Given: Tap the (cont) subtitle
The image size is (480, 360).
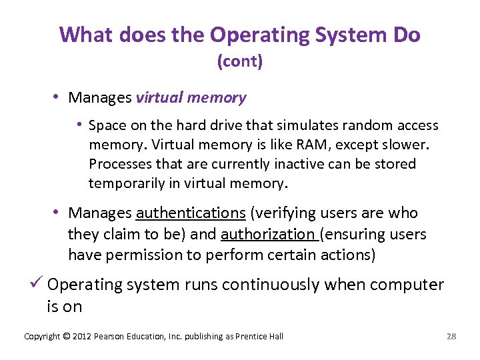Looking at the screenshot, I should coord(240,62).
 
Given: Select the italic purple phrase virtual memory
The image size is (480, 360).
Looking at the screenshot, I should coord(191,98).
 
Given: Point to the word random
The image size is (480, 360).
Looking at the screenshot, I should coord(340,125).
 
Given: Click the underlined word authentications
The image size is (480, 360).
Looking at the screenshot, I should coord(191,213).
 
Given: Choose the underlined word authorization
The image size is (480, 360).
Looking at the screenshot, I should coord(268,235).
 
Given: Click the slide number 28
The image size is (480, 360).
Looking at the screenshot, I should coord(451,336).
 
